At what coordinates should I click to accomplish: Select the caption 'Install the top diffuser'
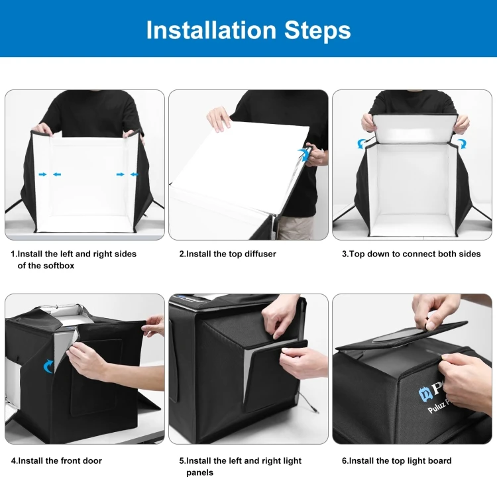tap(227, 254)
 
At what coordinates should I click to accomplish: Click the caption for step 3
tap(411, 254)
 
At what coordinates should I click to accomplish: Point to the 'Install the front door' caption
tap(56, 461)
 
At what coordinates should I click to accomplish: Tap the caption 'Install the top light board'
tap(396, 461)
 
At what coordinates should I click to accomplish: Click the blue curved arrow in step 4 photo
tap(48, 366)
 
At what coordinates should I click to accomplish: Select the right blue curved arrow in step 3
tap(461, 143)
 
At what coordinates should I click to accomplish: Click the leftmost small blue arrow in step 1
tap(42, 174)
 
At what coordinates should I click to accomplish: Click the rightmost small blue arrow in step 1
tap(135, 174)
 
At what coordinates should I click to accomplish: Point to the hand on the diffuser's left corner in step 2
tap(219, 119)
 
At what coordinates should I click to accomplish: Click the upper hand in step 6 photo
tap(434, 311)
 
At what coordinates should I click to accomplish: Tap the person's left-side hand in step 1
tap(42, 129)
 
